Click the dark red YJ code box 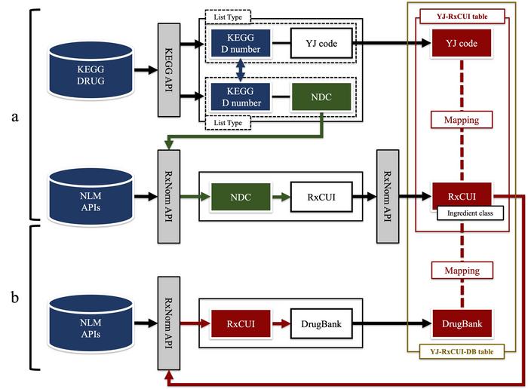(462, 43)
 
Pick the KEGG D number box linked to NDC (239, 96)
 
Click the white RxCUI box (317, 198)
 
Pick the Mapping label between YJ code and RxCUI (462, 119)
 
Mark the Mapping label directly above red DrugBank (462, 269)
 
